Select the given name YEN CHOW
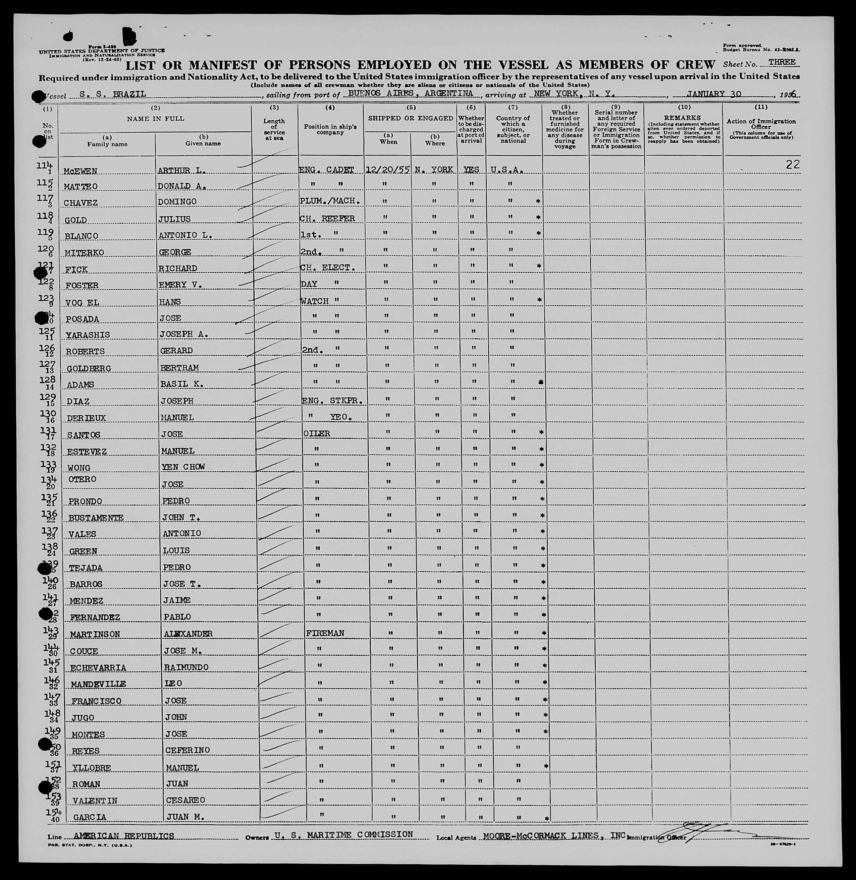point(183,467)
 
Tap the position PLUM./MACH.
point(329,201)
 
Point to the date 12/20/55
point(387,170)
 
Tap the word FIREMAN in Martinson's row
point(325,633)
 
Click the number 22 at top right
point(793,165)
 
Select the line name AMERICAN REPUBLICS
point(124,836)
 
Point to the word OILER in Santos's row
point(317,433)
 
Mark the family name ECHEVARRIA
point(98,668)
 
